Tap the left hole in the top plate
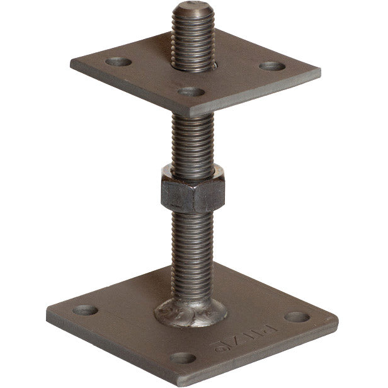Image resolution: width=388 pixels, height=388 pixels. coord(118,62)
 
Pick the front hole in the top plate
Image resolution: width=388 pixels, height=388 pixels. coord(191,91)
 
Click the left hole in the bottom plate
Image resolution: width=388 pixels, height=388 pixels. coord(86,310)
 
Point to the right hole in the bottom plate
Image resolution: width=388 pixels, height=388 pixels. coord(297,317)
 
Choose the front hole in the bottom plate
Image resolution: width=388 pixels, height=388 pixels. coord(183,358)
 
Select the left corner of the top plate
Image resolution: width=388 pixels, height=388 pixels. coord(71,63)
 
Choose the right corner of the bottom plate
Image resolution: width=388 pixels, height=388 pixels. coord(336,321)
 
